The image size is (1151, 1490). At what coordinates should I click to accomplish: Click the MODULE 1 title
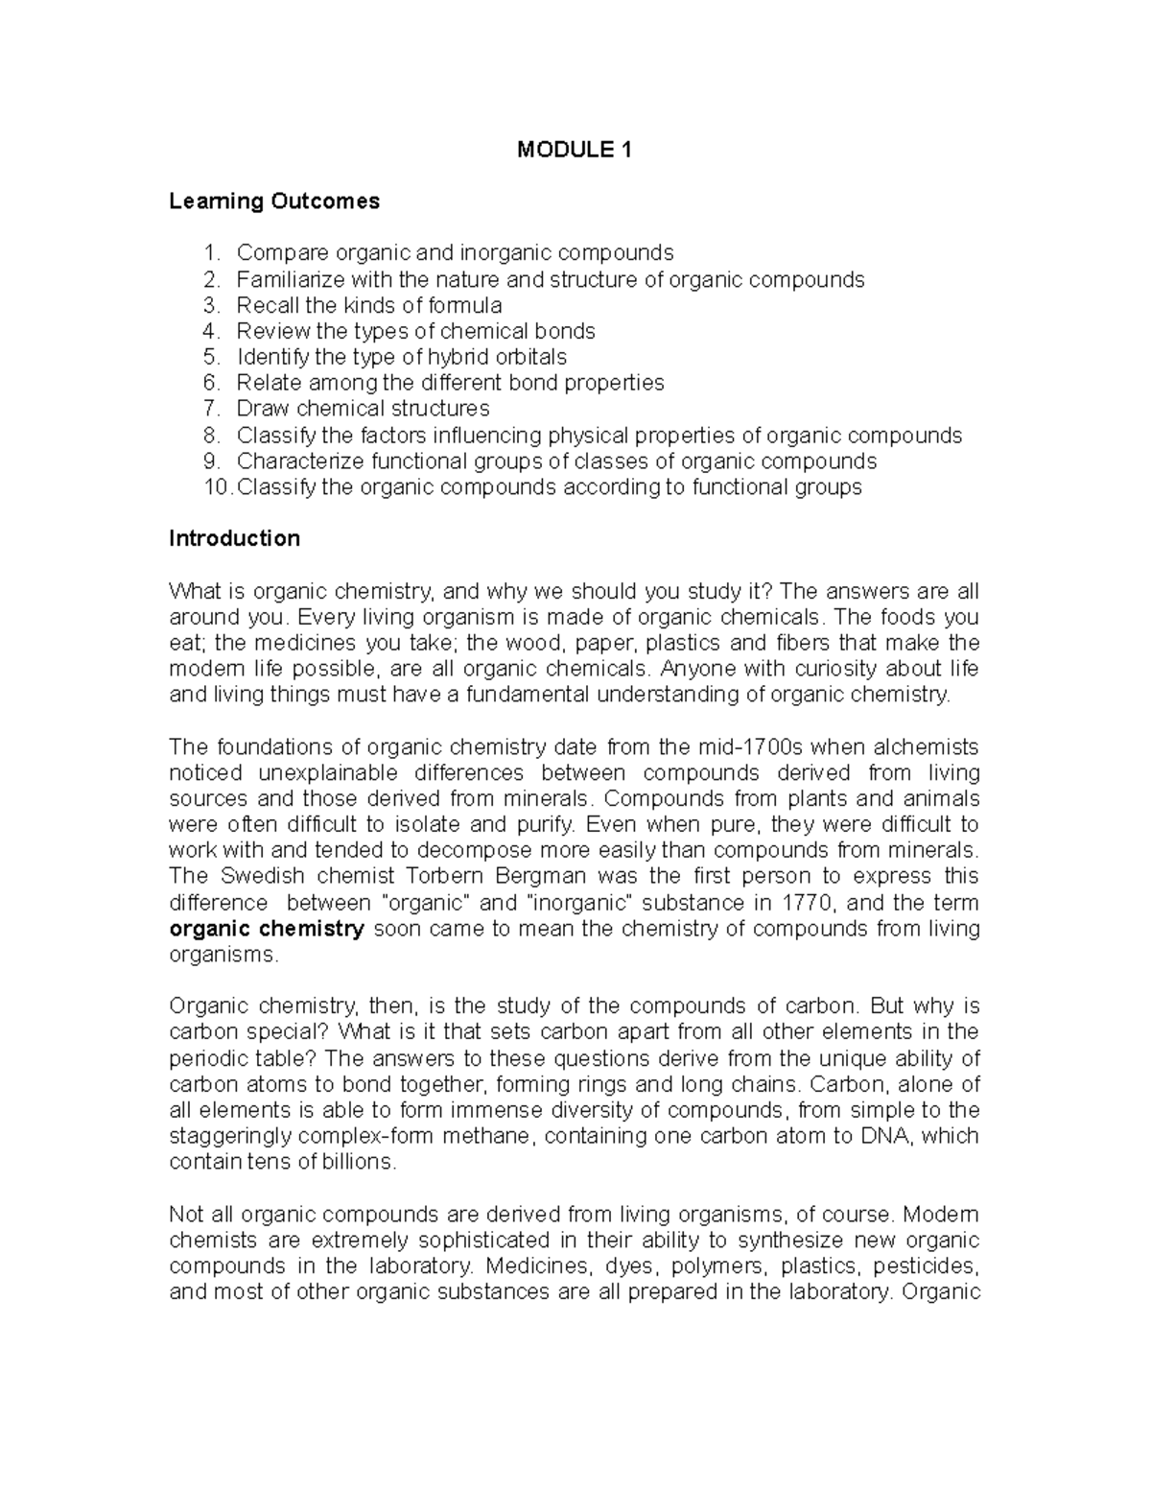[x=575, y=150]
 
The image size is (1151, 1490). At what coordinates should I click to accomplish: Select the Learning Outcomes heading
[x=274, y=201]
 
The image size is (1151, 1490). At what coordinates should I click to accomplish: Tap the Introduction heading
[x=234, y=538]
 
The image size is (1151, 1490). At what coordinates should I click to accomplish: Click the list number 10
[x=217, y=487]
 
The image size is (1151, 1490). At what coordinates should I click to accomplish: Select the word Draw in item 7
[x=262, y=409]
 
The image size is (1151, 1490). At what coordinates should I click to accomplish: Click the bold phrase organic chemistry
[x=267, y=929]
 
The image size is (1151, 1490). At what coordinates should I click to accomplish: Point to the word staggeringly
[x=230, y=1136]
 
